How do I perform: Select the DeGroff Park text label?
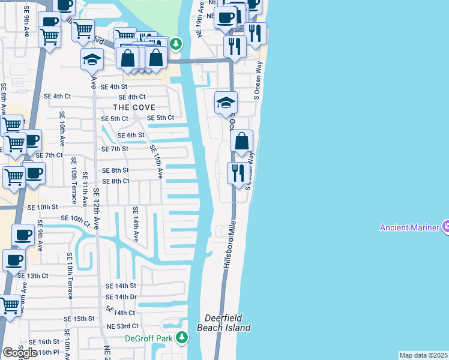click(x=149, y=338)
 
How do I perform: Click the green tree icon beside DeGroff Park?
click(x=182, y=338)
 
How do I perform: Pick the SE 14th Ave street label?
click(x=136, y=224)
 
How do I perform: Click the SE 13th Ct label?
click(x=32, y=275)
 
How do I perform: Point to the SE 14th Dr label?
click(x=121, y=297)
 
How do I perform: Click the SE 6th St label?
click(x=131, y=135)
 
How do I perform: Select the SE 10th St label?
click(x=43, y=207)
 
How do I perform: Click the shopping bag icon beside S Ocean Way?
click(x=241, y=142)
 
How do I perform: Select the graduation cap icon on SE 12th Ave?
click(x=92, y=59)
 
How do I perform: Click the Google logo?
click(x=20, y=352)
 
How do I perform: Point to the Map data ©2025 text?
click(x=423, y=355)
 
